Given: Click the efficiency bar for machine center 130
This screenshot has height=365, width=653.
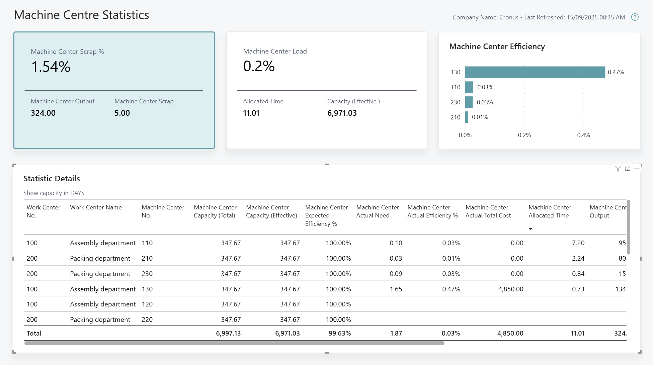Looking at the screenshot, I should [535, 72].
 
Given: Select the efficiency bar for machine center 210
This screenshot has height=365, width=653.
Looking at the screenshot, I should [467, 117].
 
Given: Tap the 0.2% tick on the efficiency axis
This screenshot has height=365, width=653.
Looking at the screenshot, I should [524, 135].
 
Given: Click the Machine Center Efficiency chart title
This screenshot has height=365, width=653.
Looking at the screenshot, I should [497, 47].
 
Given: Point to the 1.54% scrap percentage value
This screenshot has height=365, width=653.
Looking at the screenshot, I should [51, 67].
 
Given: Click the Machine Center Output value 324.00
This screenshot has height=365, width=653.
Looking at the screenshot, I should [43, 113].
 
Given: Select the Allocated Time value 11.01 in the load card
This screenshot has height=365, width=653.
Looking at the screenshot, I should [251, 113].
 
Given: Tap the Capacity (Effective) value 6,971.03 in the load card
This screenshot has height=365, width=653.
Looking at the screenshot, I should [342, 113].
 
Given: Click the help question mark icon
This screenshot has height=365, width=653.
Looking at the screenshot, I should [635, 17].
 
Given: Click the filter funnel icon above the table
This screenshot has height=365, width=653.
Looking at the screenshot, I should [618, 169].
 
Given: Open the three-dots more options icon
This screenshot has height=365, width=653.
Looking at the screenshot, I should [637, 169].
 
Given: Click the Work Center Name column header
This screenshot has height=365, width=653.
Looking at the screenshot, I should [96, 207].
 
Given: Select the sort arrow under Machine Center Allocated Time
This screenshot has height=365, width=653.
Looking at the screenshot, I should [530, 229].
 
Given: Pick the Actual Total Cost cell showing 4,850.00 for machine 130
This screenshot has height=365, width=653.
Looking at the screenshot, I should [510, 289].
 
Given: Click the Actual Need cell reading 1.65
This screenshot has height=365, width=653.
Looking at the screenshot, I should [396, 289].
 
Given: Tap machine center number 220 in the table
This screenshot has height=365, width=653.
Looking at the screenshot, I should [147, 320].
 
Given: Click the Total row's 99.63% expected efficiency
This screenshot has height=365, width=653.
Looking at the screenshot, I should [339, 333].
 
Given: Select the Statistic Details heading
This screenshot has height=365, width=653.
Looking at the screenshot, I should [52, 179].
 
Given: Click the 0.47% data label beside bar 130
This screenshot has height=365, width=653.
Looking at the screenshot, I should [616, 72].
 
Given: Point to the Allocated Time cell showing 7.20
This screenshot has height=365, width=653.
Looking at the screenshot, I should [578, 243].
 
